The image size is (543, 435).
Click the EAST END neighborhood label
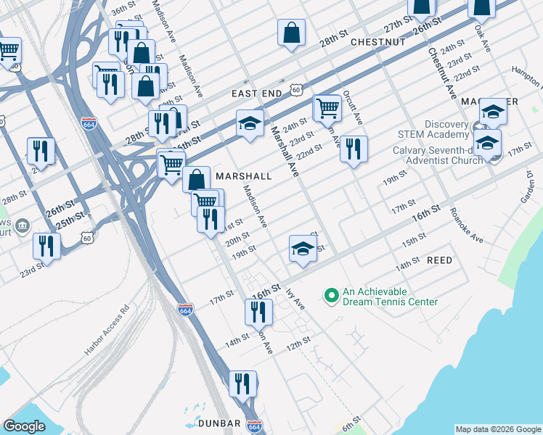coord(256,94)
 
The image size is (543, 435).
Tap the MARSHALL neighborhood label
coord(243,176)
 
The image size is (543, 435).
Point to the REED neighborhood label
coord(439,260)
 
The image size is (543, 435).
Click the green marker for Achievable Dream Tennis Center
coord(331,295)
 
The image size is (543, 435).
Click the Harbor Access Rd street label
coord(106,329)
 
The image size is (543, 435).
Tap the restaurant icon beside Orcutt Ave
coord(354,149)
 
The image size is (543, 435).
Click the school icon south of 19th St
coord(303,249)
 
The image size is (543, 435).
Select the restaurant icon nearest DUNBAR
coord(243,383)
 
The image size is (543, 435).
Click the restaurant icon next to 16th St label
coord(258,312)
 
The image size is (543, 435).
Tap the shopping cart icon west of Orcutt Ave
coord(327,108)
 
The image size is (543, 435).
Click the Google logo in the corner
coord(24,426)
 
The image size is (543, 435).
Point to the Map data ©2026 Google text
coord(498,429)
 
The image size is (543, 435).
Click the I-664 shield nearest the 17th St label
coord(185,309)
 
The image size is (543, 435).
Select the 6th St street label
coord(351,421)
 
